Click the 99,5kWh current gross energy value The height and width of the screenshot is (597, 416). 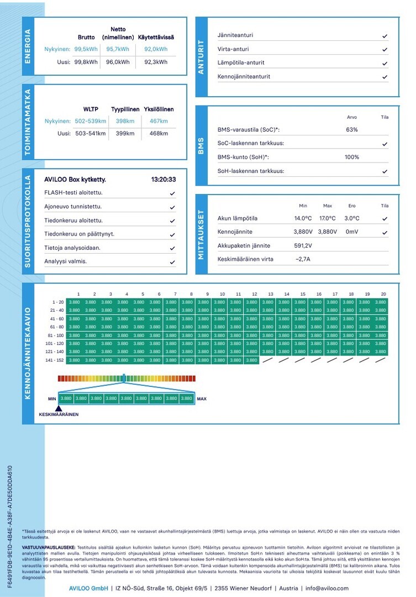pyautogui.click(x=86, y=49)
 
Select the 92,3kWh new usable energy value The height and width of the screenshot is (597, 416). pyautogui.click(x=156, y=62)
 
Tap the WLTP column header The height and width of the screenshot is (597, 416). pyautogui.click(x=91, y=109)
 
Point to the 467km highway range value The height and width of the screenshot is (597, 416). pyautogui.click(x=159, y=121)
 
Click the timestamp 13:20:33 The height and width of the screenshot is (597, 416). pyautogui.click(x=164, y=180)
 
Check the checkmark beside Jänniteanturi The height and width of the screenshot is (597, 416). pyautogui.click(x=385, y=35)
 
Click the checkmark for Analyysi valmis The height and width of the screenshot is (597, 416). pyautogui.click(x=172, y=261)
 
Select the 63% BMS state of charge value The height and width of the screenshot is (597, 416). pyautogui.click(x=352, y=130)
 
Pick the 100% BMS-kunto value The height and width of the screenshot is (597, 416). pyautogui.click(x=352, y=157)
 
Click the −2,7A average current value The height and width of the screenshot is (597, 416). pyautogui.click(x=303, y=259)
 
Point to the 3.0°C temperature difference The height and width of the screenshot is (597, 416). pyautogui.click(x=352, y=218)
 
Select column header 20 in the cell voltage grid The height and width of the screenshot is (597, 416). pyautogui.click(x=383, y=294)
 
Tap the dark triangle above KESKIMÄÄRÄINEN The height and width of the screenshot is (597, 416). pyautogui.click(x=59, y=408)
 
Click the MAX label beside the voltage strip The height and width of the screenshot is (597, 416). pyautogui.click(x=202, y=398)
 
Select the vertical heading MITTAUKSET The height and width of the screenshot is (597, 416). pyautogui.click(x=201, y=234)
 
